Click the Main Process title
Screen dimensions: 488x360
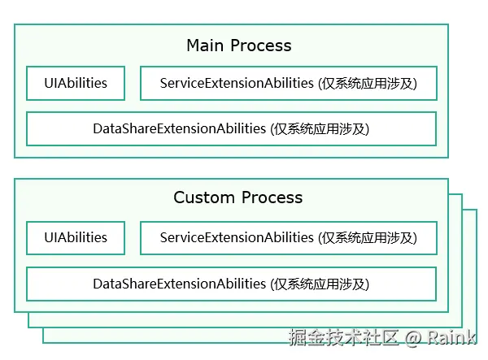pyautogui.click(x=238, y=46)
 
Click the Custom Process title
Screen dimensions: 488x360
pyautogui.click(x=237, y=197)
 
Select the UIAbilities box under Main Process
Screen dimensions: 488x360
pyautogui.click(x=76, y=83)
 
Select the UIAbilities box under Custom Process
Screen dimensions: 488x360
pyautogui.click(x=76, y=237)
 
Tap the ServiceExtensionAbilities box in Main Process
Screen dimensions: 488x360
pyautogui.click(x=288, y=83)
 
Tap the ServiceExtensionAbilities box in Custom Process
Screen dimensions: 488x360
pyautogui.click(x=288, y=237)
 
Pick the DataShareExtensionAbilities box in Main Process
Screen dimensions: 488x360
pyautogui.click(x=231, y=128)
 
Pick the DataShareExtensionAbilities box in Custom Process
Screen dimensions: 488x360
pyautogui.click(x=231, y=284)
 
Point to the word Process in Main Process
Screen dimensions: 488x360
pyautogui.click(x=260, y=46)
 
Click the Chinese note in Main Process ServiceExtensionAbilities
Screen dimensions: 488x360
pyautogui.click(x=368, y=83)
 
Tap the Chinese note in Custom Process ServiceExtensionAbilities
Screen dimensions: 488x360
pyautogui.click(x=368, y=237)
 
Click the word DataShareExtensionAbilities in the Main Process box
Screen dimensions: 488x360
pyautogui.click(x=179, y=128)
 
